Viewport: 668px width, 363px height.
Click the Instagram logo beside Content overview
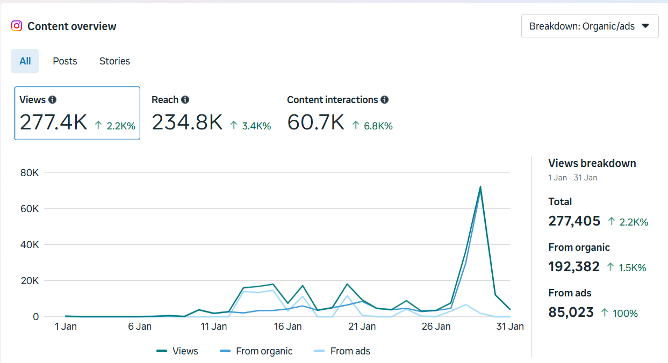[x=17, y=26]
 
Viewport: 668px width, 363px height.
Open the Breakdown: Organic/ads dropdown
[x=590, y=26]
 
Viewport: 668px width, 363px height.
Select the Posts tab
[x=65, y=61]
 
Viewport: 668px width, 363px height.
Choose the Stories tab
[x=114, y=61]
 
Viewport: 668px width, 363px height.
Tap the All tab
[x=25, y=61]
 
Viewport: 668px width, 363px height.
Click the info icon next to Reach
[x=185, y=100]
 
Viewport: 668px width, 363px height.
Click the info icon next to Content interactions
[x=384, y=100]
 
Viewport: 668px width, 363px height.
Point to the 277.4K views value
[x=53, y=122]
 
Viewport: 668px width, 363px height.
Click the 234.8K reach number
[x=187, y=122]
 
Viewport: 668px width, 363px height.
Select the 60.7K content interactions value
[x=315, y=122]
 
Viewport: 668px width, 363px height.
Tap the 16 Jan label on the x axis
[x=288, y=326]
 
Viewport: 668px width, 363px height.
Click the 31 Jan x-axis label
[x=509, y=326]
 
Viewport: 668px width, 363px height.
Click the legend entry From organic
[x=264, y=351]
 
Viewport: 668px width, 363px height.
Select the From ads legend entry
[x=350, y=351]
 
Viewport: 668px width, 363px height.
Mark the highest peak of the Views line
[x=480, y=187]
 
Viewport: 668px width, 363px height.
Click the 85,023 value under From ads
[x=571, y=312]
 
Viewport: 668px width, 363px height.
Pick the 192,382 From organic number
[x=574, y=266]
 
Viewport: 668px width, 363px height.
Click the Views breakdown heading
[x=592, y=163]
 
